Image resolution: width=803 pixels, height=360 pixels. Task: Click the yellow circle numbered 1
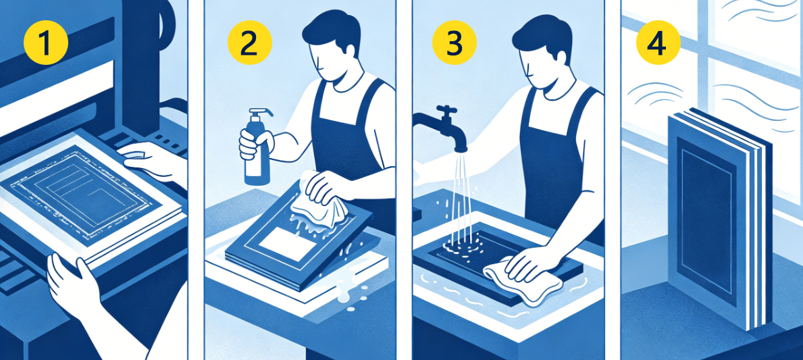coord(45,43)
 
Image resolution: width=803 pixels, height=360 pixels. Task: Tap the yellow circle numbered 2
coord(249,43)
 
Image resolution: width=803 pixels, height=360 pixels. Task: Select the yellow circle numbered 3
coord(454,43)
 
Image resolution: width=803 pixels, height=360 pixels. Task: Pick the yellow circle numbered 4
coord(658,43)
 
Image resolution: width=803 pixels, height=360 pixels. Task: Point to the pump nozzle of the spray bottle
coord(261,113)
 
